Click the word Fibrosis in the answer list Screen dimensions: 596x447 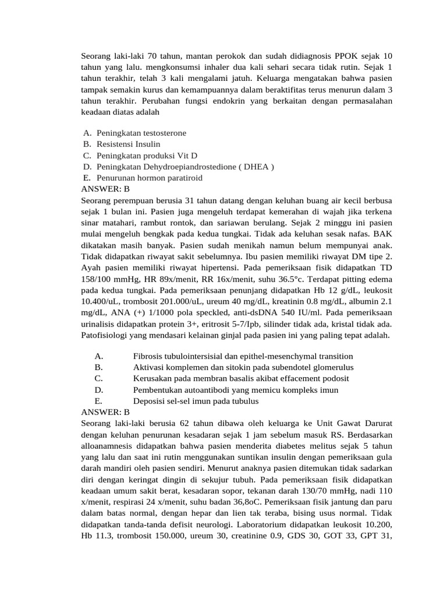click(148, 356)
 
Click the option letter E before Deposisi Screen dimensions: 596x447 click(98, 401)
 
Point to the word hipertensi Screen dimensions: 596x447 click(228, 268)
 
